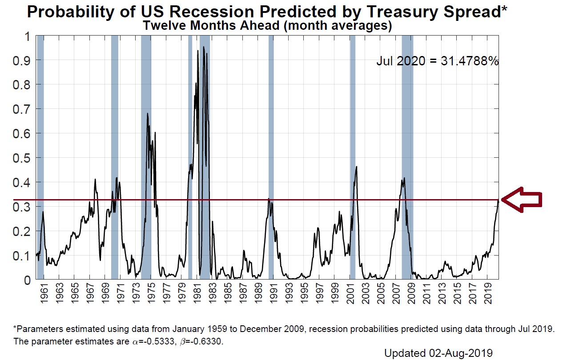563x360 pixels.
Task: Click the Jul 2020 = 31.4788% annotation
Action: pyautogui.click(x=438, y=61)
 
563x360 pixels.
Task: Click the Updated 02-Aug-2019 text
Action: pyautogui.click(x=438, y=353)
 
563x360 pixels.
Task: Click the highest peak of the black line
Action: pyautogui.click(x=204, y=47)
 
